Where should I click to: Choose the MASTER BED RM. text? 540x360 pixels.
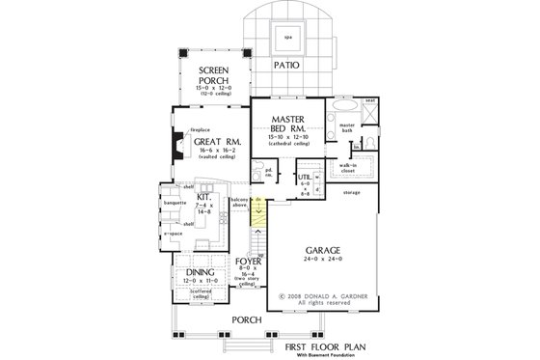coord(283,124)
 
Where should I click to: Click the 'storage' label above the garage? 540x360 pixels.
coord(351,193)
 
